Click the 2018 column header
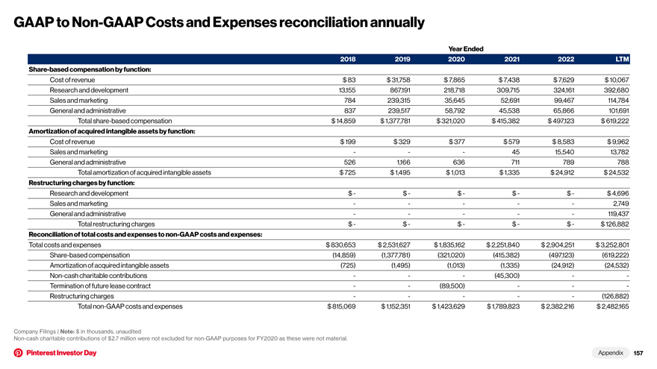click(x=348, y=59)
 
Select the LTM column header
click(x=622, y=59)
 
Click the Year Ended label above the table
click(x=466, y=48)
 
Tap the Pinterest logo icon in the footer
click(x=19, y=353)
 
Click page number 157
click(x=638, y=353)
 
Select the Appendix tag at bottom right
click(x=611, y=353)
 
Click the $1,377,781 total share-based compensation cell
click(x=395, y=121)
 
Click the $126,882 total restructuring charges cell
click(x=614, y=224)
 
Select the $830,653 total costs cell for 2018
click(x=340, y=245)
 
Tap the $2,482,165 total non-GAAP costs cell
click(x=613, y=306)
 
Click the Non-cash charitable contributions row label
click(x=99, y=276)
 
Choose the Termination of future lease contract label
click(x=100, y=286)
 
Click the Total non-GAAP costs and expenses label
click(x=131, y=306)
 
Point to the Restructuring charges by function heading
click(x=81, y=183)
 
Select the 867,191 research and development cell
click(x=399, y=90)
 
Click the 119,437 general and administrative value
click(x=617, y=214)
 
